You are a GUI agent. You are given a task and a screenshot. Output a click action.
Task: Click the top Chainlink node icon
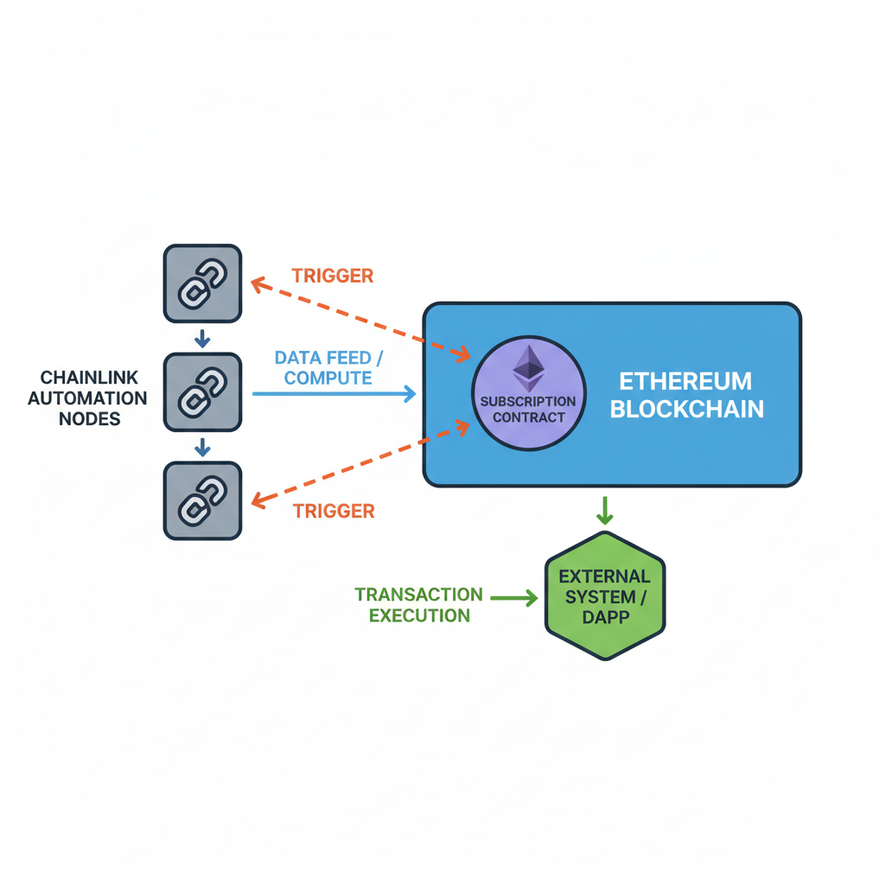click(202, 283)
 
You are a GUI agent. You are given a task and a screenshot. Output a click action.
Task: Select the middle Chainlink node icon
click(202, 392)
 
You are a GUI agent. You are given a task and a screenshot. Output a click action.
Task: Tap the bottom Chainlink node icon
click(202, 500)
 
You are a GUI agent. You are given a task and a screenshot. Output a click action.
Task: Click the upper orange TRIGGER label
click(333, 276)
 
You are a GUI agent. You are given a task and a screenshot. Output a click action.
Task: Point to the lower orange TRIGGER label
click(334, 511)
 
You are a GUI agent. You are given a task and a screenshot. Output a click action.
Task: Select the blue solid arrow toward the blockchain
click(334, 394)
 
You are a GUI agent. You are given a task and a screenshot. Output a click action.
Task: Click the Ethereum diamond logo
click(528, 369)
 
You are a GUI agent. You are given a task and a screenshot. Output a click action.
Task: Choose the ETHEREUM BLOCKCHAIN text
click(687, 395)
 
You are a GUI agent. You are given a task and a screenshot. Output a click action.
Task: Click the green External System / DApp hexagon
click(605, 596)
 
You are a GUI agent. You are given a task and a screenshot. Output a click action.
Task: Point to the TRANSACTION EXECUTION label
click(419, 605)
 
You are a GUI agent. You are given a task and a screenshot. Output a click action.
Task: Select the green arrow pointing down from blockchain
click(605, 510)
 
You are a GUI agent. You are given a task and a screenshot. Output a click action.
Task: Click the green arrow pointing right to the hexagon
click(513, 597)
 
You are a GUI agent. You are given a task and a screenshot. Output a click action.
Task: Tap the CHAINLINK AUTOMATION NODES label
click(88, 398)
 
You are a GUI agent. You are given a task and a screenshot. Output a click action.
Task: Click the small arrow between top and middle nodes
click(202, 337)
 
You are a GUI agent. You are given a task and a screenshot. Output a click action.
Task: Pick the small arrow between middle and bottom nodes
click(202, 446)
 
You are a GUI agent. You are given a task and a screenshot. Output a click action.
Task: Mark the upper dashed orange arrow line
click(359, 318)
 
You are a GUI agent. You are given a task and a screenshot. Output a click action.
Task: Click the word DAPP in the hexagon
click(605, 618)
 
